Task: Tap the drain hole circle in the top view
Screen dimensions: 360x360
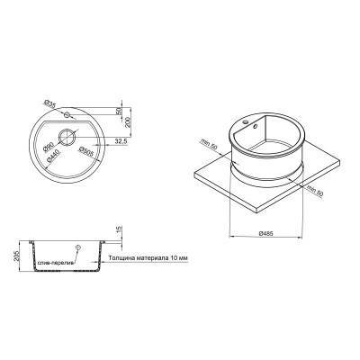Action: [x=68, y=138]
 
